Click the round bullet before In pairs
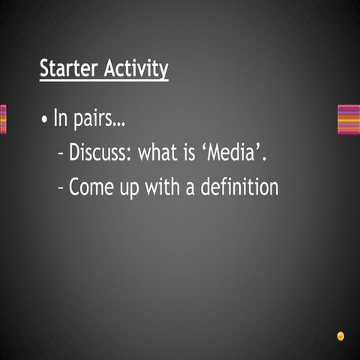[46, 120]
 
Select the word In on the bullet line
[61, 118]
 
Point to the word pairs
[95, 120]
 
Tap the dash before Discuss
[61, 154]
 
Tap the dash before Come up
[61, 187]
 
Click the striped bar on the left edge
[3, 119]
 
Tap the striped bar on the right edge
[349, 119]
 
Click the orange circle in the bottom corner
[340, 335]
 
